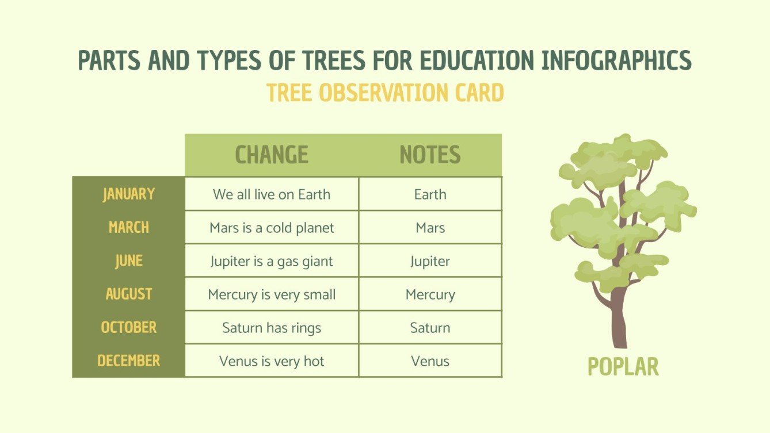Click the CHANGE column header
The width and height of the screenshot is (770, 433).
[272, 155]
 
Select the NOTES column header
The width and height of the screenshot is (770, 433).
[430, 155]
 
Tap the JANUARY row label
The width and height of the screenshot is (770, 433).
[129, 194]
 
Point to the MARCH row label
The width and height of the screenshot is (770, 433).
[129, 227]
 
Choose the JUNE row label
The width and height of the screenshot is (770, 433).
[129, 260]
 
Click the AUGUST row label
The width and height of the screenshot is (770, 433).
[129, 294]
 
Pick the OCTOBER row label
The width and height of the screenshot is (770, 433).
[129, 327]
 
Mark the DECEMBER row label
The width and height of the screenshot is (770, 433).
[129, 361]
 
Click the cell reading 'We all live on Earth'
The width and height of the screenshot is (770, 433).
[272, 194]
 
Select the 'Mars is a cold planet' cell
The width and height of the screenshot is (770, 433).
[272, 228]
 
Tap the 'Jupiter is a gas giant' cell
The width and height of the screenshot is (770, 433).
[272, 261]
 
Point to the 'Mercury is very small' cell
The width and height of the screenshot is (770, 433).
[272, 294]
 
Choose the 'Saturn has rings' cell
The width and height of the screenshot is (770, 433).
[272, 328]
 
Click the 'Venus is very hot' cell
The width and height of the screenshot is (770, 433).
[272, 361]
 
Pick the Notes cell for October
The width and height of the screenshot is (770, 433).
[430, 328]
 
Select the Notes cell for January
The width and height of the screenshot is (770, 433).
[430, 194]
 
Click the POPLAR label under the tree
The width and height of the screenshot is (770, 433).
[623, 366]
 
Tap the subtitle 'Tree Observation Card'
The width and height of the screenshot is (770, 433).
[385, 93]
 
